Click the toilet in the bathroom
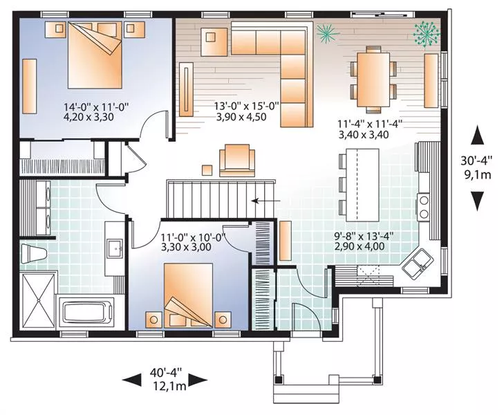click(34, 254)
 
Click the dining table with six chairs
click(373, 80)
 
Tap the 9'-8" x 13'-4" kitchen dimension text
click(364, 237)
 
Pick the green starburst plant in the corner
click(427, 35)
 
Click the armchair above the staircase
click(237, 160)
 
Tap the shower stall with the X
click(39, 300)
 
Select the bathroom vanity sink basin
click(115, 248)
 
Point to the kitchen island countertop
click(363, 185)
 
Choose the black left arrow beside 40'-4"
click(132, 380)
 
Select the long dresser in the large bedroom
click(29, 86)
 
